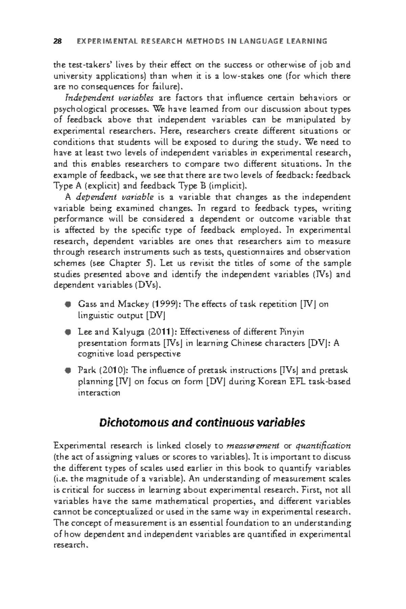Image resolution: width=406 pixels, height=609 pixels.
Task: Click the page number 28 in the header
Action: click(58, 42)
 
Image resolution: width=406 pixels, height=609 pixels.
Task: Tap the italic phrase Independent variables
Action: click(110, 98)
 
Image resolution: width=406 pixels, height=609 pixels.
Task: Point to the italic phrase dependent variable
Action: click(115, 197)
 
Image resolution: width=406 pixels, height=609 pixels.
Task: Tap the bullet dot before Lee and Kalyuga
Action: click(68, 332)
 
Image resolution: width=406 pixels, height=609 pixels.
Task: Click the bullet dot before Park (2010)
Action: click(68, 370)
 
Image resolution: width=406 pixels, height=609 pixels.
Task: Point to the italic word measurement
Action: click(252, 446)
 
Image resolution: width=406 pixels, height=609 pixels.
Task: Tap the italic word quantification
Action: click(323, 446)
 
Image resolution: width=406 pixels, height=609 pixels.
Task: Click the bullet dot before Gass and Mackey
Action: click(68, 304)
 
